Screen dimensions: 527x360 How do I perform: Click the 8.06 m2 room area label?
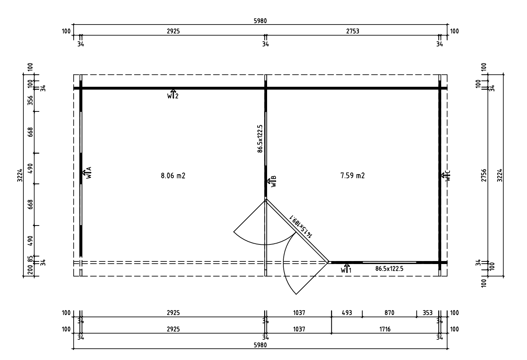tap(173, 176)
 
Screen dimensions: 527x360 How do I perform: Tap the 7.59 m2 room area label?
tap(352, 176)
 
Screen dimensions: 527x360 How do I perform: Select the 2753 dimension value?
tap(352, 31)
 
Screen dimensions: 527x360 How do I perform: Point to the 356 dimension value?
tap(30, 100)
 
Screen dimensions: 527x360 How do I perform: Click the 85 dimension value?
tap(30, 259)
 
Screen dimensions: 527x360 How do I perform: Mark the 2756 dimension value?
tap(484, 175)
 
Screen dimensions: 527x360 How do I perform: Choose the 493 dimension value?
tap(347, 313)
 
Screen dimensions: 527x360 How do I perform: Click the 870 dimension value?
tap(389, 313)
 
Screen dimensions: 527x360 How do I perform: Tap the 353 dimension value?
tap(428, 313)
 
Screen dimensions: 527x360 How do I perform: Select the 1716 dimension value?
tap(385, 329)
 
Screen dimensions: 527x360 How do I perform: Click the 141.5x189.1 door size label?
tap(301, 226)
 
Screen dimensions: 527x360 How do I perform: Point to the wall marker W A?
tap(87, 173)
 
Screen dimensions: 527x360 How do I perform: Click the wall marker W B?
tap(272, 181)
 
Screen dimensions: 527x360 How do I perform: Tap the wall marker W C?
tap(446, 176)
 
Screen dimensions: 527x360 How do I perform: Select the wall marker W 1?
tap(346, 269)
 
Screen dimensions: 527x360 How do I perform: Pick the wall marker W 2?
tap(173, 94)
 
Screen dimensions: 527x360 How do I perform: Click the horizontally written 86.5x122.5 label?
tap(389, 269)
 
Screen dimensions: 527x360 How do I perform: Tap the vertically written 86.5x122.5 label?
tap(260, 139)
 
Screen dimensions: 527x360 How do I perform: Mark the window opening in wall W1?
tap(389, 262)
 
